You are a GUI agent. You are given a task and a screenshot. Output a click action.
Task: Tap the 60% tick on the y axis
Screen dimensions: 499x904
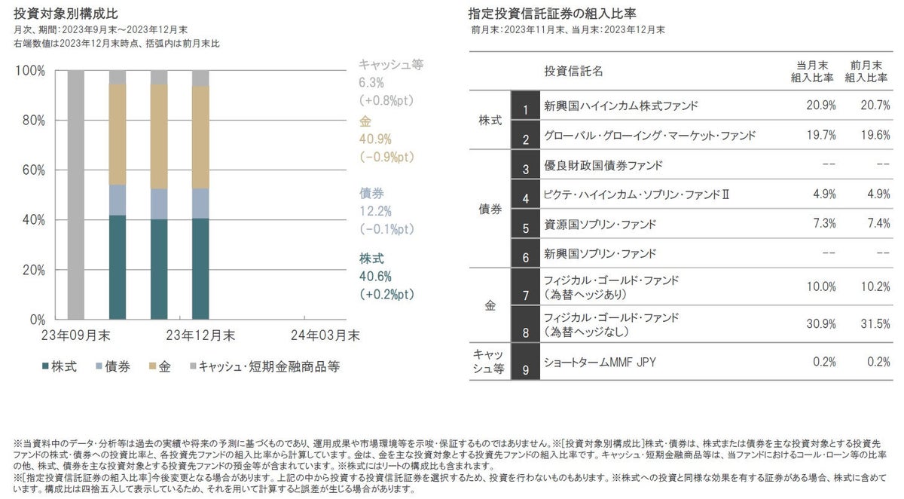(x=32, y=170)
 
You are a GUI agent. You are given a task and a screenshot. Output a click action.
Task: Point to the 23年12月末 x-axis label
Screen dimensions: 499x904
(x=200, y=333)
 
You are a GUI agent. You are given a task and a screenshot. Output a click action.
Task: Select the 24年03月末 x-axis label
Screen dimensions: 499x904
(x=325, y=333)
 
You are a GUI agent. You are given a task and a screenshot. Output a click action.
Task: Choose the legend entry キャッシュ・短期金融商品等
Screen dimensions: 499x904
(x=264, y=367)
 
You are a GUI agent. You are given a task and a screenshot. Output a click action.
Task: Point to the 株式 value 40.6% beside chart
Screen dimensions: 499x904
(x=371, y=277)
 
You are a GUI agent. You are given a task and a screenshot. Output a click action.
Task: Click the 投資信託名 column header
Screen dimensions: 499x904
(x=573, y=71)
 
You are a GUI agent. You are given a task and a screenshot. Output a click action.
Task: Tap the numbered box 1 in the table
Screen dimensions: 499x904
(x=526, y=106)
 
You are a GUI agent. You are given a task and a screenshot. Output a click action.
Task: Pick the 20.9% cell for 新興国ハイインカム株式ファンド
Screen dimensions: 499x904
(x=820, y=106)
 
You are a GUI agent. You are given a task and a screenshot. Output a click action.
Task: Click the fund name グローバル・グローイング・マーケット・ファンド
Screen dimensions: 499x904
(x=649, y=136)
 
